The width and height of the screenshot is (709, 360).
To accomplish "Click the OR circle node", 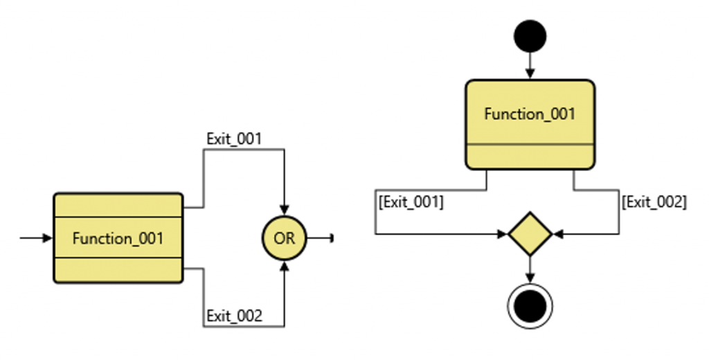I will (284, 238).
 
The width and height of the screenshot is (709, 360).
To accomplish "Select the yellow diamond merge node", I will (530, 235).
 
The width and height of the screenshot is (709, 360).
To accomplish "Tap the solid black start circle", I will (530, 35).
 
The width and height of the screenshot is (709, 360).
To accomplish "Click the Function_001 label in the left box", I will (118, 239).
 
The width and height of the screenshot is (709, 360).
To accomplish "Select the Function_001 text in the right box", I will (530, 114).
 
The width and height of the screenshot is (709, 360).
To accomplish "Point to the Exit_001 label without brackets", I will (234, 138).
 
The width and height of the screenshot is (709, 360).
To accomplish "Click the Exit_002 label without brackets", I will (234, 316).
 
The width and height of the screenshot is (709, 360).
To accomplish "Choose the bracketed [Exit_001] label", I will (411, 202).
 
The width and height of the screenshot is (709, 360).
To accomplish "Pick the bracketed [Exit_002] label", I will (654, 202).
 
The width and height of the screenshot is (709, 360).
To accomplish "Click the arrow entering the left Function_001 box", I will (37, 238).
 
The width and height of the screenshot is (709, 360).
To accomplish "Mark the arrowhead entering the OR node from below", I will (284, 267).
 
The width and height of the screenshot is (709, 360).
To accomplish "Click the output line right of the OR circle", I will (319, 238).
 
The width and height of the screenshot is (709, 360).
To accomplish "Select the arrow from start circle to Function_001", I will (530, 66).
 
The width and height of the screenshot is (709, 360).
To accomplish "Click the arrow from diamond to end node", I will (530, 269).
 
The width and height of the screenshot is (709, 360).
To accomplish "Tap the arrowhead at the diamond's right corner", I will (557, 235).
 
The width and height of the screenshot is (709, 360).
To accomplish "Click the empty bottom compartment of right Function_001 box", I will (530, 156).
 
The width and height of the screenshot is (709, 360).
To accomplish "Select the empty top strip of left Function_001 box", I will (118, 205).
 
